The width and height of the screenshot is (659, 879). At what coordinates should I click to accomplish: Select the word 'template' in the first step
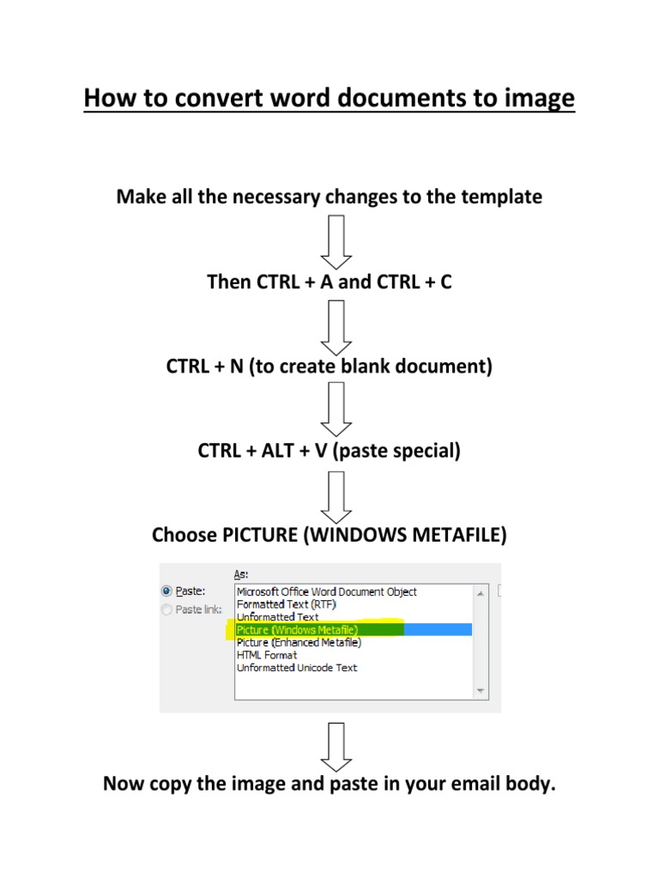pyautogui.click(x=502, y=197)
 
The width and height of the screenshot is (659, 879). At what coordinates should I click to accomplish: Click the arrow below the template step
pyautogui.click(x=336, y=241)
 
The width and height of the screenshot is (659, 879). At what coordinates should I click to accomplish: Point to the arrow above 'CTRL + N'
pyautogui.click(x=336, y=325)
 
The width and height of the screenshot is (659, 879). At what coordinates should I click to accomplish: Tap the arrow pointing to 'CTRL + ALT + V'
pyautogui.click(x=336, y=409)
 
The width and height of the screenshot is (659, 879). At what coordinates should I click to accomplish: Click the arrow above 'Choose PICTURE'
pyautogui.click(x=336, y=494)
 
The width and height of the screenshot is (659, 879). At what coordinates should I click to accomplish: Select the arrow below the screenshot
pyautogui.click(x=336, y=746)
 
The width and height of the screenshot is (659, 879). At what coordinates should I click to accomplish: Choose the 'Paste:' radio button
pyautogui.click(x=167, y=591)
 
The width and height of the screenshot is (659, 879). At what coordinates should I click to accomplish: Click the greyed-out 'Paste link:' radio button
pyautogui.click(x=167, y=609)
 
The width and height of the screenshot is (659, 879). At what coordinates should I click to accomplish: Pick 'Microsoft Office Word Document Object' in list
pyautogui.click(x=327, y=591)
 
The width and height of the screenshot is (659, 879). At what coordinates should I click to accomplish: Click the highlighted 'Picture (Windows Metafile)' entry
pyautogui.click(x=298, y=630)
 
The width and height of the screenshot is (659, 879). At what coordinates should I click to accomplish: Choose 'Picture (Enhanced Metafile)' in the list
pyautogui.click(x=299, y=642)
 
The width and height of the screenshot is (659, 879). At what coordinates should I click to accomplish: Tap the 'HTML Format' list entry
pyautogui.click(x=267, y=655)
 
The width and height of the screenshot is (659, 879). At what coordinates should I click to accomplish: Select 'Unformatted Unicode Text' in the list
pyautogui.click(x=297, y=668)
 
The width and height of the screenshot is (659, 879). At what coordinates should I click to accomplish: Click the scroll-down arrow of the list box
pyautogui.click(x=481, y=690)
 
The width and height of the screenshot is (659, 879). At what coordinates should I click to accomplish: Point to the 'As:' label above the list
pyautogui.click(x=241, y=573)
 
